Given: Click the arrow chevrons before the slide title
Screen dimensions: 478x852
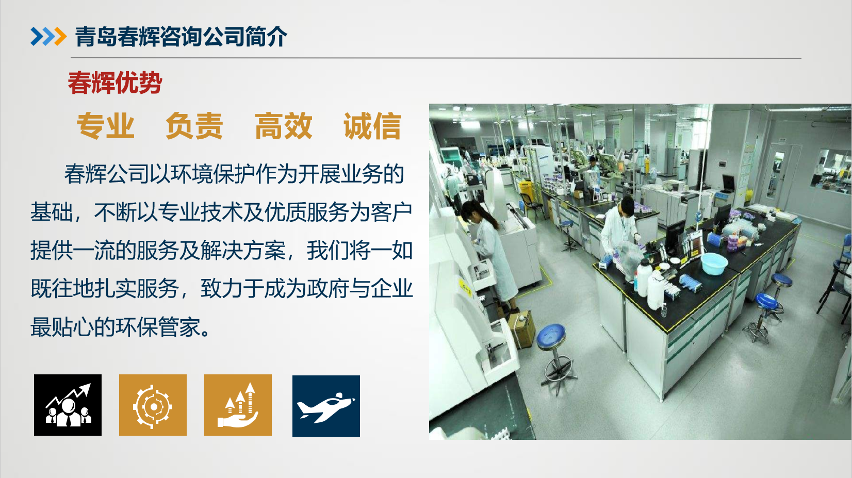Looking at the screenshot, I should (x=48, y=37).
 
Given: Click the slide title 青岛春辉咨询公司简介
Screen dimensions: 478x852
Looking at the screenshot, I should (x=181, y=37).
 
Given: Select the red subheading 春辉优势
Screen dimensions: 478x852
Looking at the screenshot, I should (x=114, y=83).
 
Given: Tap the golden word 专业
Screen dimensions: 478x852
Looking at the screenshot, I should (x=106, y=126).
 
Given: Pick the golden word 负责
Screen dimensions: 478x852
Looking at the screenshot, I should (x=194, y=126).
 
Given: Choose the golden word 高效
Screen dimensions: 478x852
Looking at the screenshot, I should (x=283, y=126).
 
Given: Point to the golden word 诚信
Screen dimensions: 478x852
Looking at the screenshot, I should (x=372, y=126).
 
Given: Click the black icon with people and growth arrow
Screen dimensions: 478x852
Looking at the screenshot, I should (x=68, y=405).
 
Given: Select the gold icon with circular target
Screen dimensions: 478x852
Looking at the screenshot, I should (x=153, y=405).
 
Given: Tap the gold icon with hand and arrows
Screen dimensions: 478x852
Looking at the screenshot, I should (x=238, y=405).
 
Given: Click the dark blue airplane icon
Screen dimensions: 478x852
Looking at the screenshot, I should (x=326, y=406).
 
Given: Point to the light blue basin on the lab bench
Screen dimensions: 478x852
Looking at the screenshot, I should (x=714, y=262).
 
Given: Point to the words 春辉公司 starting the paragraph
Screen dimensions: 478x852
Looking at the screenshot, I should (x=107, y=174).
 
